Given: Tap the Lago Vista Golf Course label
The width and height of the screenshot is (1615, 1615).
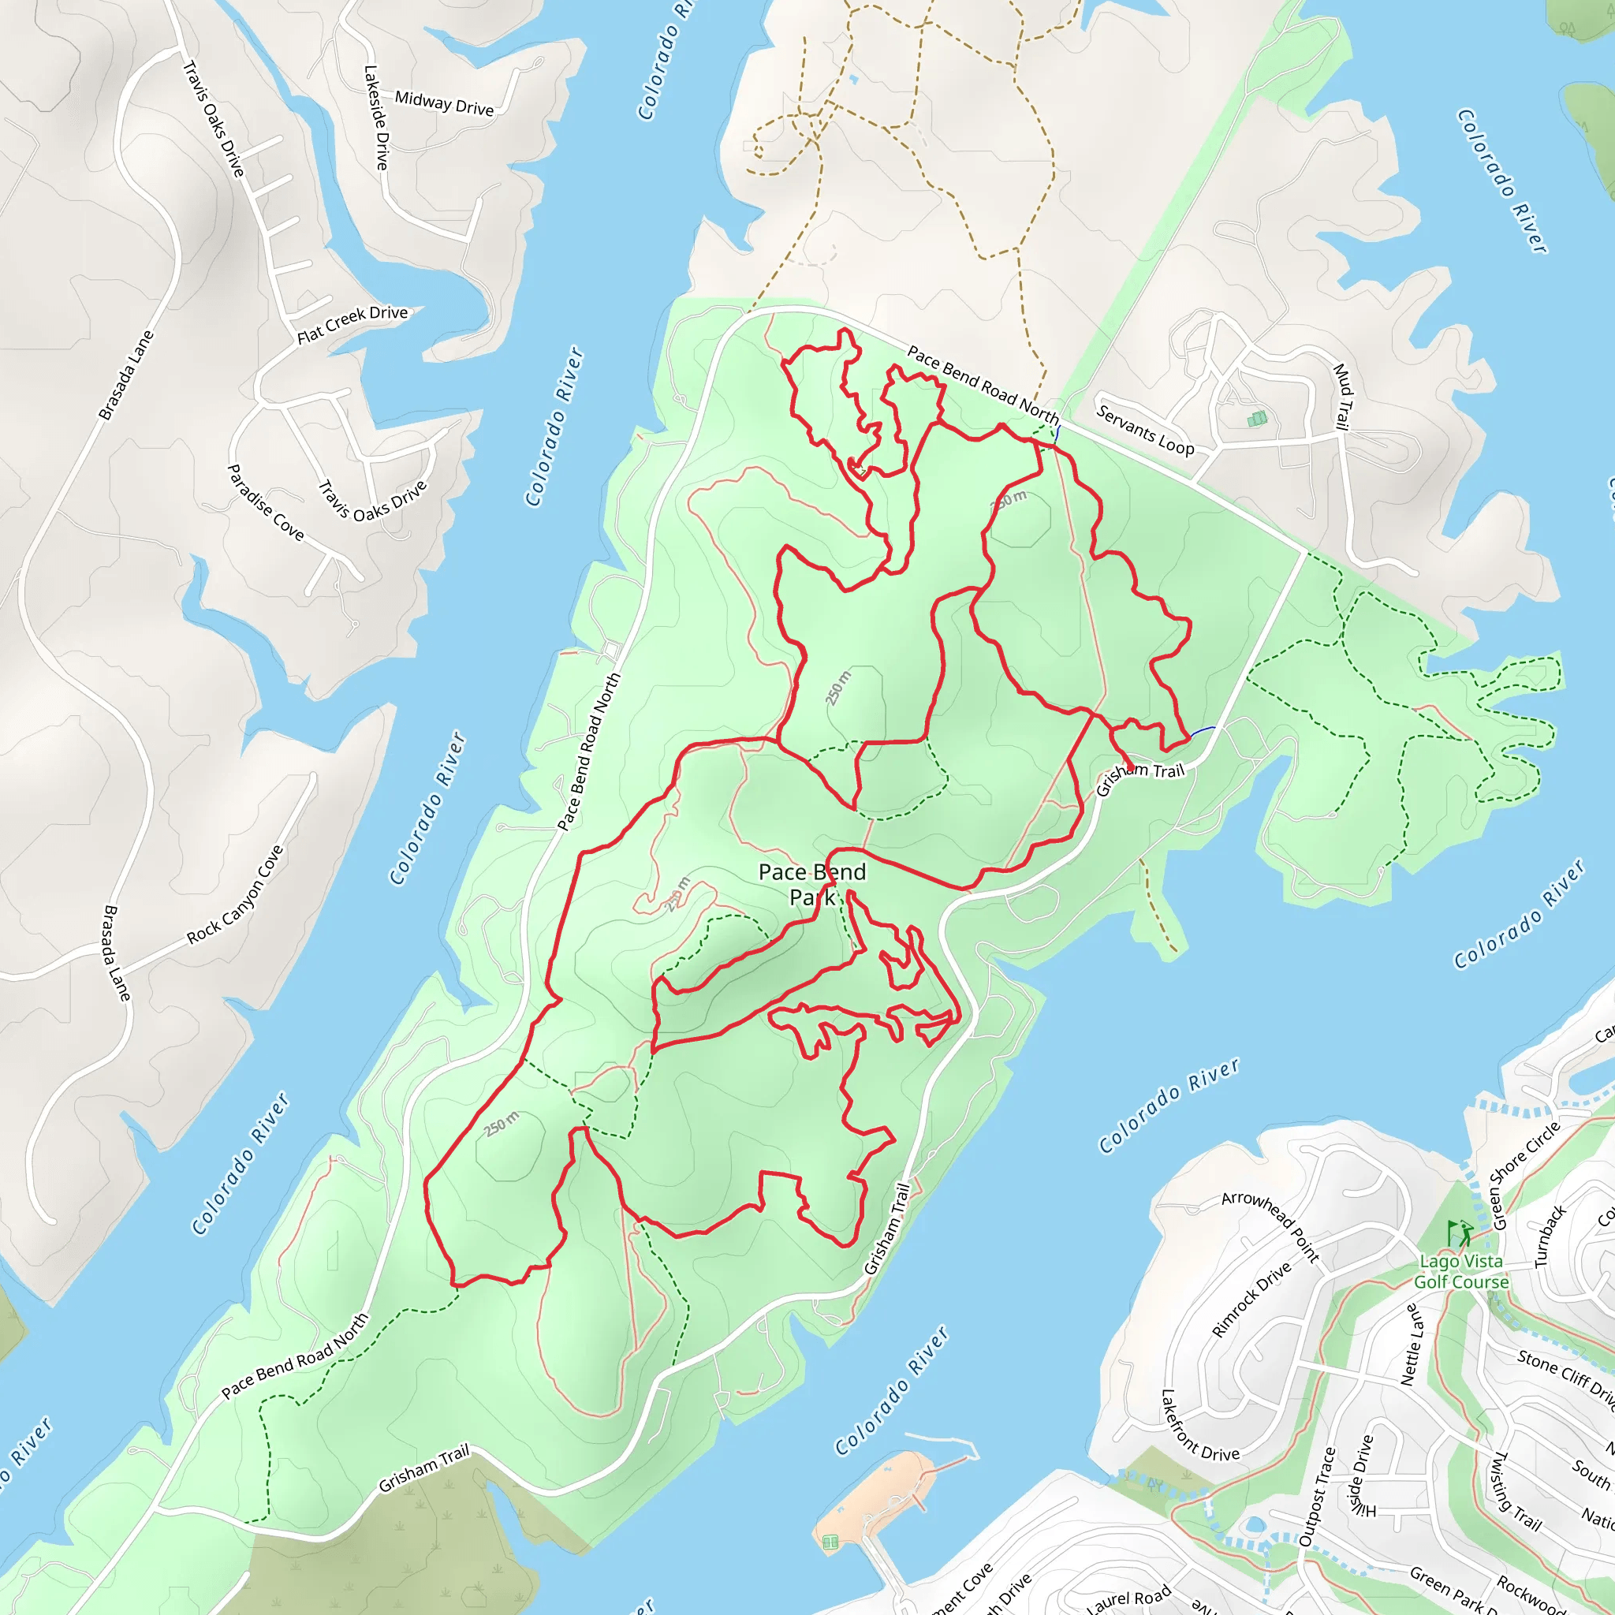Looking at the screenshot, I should tap(1461, 1271).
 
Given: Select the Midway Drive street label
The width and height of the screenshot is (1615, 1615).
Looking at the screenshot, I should tap(444, 103).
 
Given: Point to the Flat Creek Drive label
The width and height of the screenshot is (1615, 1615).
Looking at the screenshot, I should tap(352, 323).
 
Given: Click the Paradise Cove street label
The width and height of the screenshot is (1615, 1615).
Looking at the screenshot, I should tap(266, 502).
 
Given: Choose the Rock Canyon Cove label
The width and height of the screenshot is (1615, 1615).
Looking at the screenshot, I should tap(235, 895).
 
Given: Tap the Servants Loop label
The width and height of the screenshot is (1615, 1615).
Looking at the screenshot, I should tap(1145, 430).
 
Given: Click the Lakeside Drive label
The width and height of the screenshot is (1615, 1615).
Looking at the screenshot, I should tap(376, 117).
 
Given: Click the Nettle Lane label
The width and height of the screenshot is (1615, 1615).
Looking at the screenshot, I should tap(1412, 1345).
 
